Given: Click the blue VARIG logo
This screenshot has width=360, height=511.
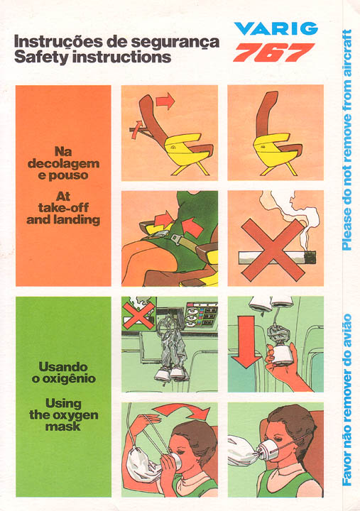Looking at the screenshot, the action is pos(276,28).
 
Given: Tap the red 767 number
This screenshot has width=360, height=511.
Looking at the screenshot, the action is pos(274,52).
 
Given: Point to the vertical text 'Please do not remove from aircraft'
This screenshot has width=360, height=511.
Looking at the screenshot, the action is pos(347,140).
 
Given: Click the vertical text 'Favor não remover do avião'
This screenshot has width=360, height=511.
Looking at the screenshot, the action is pos(347,400).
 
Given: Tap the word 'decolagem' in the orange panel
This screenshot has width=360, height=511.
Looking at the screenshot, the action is pos(63,164).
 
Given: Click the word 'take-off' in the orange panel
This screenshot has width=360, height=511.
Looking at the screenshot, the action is pos(63,207).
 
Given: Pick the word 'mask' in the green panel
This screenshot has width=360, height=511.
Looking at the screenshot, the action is pos(63,427).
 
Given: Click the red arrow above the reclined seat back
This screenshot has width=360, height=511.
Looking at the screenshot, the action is pos(165,101).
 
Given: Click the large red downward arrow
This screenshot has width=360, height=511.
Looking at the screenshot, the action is pos(246,341).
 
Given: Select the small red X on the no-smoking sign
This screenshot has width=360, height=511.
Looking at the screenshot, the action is pos(138,315).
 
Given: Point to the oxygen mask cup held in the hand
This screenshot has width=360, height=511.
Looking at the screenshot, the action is pos(281,355).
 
